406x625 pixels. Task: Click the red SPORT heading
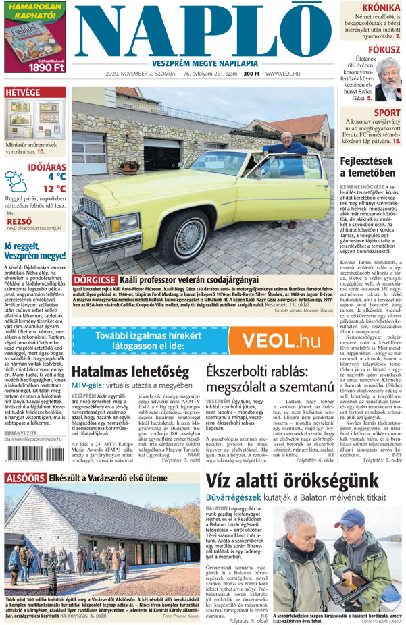tap(386, 113)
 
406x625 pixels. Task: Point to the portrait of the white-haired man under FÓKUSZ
tap(388, 79)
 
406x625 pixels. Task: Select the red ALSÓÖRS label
tap(25, 478)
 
